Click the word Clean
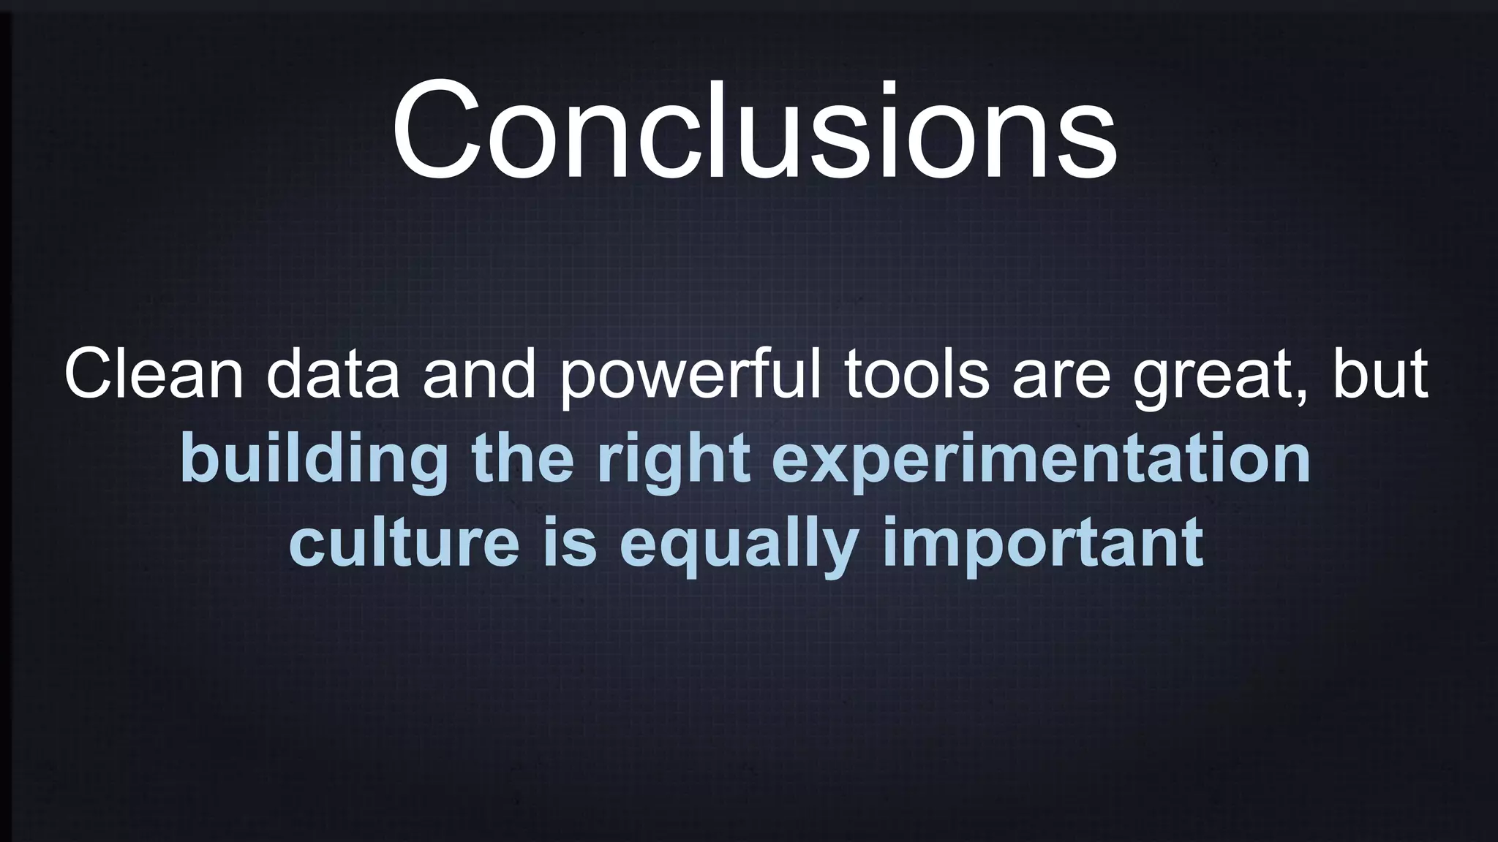pyautogui.click(x=154, y=375)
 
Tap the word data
pyautogui.click(x=333, y=375)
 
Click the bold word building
pyautogui.click(x=314, y=460)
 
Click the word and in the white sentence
pyautogui.click(x=479, y=375)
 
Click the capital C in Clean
pyautogui.click(x=87, y=375)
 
